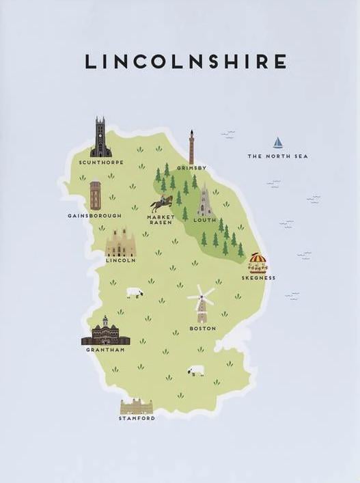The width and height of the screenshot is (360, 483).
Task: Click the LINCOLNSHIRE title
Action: pyautogui.click(x=185, y=61)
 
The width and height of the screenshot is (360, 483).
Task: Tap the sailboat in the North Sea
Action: pyautogui.click(x=278, y=143)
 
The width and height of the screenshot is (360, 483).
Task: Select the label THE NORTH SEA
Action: pyautogui.click(x=277, y=156)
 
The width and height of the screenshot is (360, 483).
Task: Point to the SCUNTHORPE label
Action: pyautogui.click(x=102, y=163)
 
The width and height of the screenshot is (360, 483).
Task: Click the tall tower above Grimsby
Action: pyautogui.click(x=192, y=147)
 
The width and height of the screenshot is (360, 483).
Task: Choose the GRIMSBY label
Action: pyautogui.click(x=191, y=167)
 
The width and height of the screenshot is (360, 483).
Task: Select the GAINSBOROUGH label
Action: pyautogui.click(x=94, y=215)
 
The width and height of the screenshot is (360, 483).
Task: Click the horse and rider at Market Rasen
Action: pyautogui.click(x=162, y=203)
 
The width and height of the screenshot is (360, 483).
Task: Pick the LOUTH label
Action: pyautogui.click(x=204, y=221)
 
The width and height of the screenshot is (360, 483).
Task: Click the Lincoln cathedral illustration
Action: pyautogui.click(x=121, y=243)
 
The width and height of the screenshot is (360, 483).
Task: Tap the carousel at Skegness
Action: pyautogui.click(x=258, y=262)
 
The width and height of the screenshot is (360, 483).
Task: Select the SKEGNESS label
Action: pyautogui.click(x=259, y=278)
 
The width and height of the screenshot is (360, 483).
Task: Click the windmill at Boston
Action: pyautogui.click(x=202, y=304)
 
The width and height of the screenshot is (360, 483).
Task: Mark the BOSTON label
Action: pyautogui.click(x=203, y=329)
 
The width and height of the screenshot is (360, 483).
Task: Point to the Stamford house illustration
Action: pyautogui.click(x=136, y=406)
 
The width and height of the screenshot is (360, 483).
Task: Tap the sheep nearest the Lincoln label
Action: pyautogui.click(x=135, y=292)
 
